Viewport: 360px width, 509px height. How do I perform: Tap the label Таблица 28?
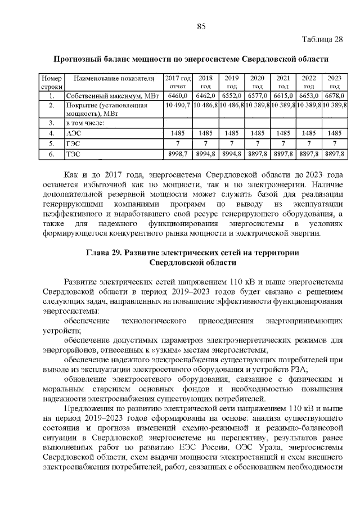click(322, 39)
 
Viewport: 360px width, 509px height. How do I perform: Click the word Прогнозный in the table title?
click(74, 59)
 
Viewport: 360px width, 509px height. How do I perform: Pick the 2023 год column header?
click(334, 82)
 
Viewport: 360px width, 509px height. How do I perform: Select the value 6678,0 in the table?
click(334, 96)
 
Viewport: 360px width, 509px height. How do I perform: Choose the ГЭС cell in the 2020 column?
click(257, 143)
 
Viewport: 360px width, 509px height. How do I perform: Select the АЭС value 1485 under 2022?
click(308, 133)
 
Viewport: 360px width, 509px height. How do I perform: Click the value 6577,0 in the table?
click(257, 96)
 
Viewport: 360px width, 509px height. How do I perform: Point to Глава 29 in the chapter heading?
click(104, 253)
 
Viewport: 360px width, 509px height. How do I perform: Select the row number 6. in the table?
click(51, 153)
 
